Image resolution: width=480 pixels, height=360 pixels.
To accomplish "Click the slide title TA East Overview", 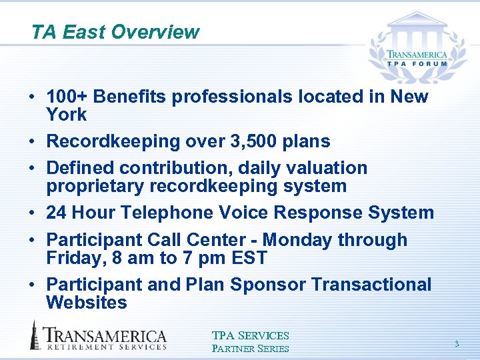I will tap(115, 32).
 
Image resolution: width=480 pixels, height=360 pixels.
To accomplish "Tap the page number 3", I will tap(457, 343).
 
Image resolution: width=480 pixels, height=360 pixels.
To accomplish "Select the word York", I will tap(67, 115).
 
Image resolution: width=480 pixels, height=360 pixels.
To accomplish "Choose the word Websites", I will tap(87, 303).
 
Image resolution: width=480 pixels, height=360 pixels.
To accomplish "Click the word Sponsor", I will tap(269, 285).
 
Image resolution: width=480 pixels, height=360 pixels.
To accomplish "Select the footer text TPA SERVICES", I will tap(251, 336).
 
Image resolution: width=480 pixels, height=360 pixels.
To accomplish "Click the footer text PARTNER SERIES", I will tap(251, 348).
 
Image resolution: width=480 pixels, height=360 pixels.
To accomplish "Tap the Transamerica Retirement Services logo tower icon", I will tap(35, 335).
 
